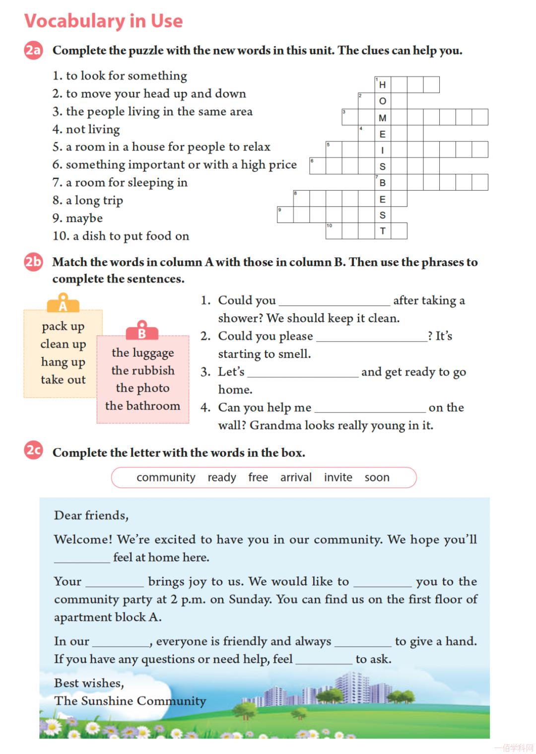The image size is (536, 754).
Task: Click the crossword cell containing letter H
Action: coord(383,85)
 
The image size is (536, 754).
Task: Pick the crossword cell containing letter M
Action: coord(383,118)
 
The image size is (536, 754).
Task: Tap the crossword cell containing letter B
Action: coord(383,183)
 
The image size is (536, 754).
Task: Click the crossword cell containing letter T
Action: coord(383,231)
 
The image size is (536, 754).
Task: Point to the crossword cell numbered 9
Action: coord(285,215)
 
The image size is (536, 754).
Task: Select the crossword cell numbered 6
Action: coord(318,166)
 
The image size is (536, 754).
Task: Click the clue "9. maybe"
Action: coord(78,218)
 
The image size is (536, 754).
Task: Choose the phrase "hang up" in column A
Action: coord(63,362)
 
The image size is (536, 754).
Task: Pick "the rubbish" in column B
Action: coord(143,371)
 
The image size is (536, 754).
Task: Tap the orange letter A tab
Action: coord(63,304)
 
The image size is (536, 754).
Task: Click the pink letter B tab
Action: coord(142,331)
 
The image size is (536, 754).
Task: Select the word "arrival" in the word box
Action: coord(296,477)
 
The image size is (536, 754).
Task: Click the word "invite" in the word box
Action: coord(338,477)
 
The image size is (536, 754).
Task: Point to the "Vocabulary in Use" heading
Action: coord(104,21)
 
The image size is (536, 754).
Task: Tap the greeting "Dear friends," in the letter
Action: coord(91,515)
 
